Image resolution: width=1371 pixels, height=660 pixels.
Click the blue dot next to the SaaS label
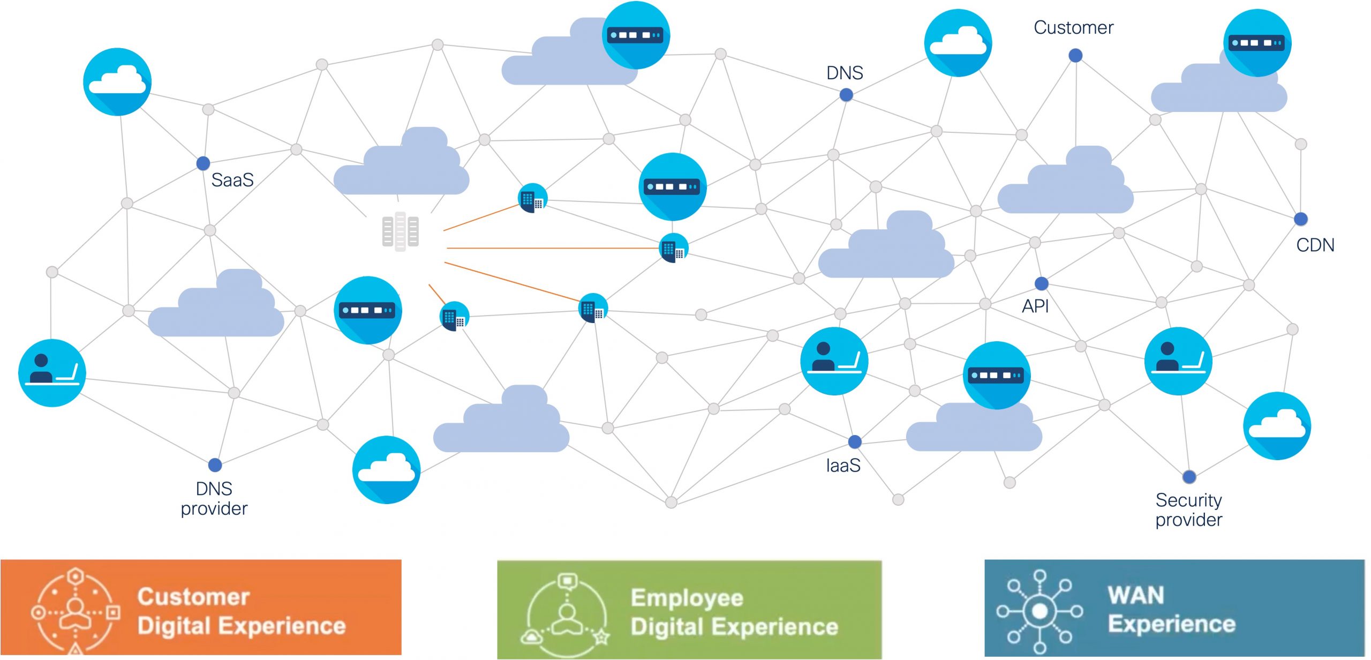point(203,163)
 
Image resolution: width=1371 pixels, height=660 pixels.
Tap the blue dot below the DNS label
point(846,95)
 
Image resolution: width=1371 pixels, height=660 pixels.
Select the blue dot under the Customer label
point(1075,55)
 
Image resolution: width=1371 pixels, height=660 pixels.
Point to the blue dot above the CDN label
point(1301,219)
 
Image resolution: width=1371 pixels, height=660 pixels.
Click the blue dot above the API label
point(1042,283)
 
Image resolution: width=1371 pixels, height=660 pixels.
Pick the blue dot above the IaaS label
point(855,441)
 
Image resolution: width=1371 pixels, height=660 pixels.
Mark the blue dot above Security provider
point(1189,476)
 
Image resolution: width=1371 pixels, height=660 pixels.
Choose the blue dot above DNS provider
point(215,464)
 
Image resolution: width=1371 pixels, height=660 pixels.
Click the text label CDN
point(1315,245)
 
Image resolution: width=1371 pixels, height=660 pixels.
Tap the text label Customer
point(1073,27)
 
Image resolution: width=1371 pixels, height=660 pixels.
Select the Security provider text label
point(1189,509)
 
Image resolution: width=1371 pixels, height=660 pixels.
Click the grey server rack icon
point(400,231)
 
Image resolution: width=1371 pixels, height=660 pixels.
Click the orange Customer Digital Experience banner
point(201,607)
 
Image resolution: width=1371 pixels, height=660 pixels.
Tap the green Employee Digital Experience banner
point(689,609)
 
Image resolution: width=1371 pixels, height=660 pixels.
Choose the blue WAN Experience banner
point(1174,608)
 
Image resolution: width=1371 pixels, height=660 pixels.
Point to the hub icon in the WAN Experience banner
point(1039,611)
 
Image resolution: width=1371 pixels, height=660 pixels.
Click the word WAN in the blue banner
point(1136,595)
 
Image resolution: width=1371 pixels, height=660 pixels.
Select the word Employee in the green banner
point(687,597)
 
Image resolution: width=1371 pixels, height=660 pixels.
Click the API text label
point(1035,306)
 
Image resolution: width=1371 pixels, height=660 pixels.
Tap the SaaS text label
point(232,180)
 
